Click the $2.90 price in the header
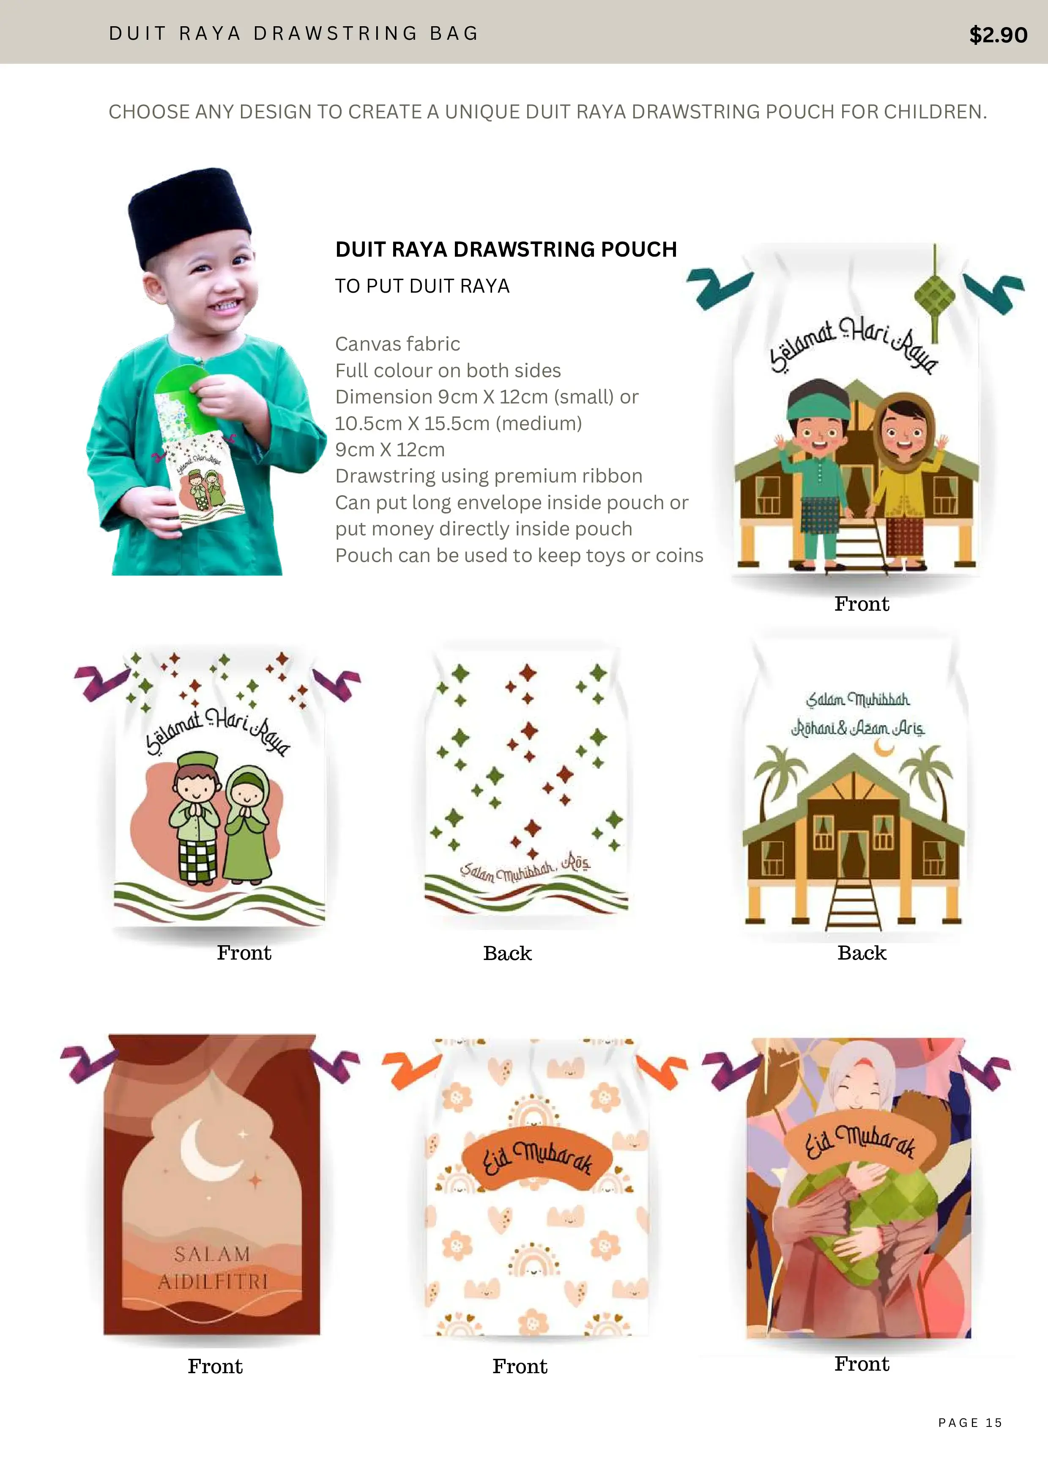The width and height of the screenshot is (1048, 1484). [998, 34]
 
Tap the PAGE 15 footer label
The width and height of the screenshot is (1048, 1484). [970, 1423]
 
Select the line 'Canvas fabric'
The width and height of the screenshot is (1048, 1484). [397, 344]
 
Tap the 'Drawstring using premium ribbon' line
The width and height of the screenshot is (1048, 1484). [488, 476]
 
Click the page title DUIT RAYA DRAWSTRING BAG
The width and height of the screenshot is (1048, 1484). [293, 33]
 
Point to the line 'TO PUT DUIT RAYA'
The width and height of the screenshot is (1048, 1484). [423, 286]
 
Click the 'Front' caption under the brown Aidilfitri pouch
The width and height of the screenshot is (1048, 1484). [215, 1366]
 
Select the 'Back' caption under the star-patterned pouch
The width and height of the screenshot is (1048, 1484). [507, 953]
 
